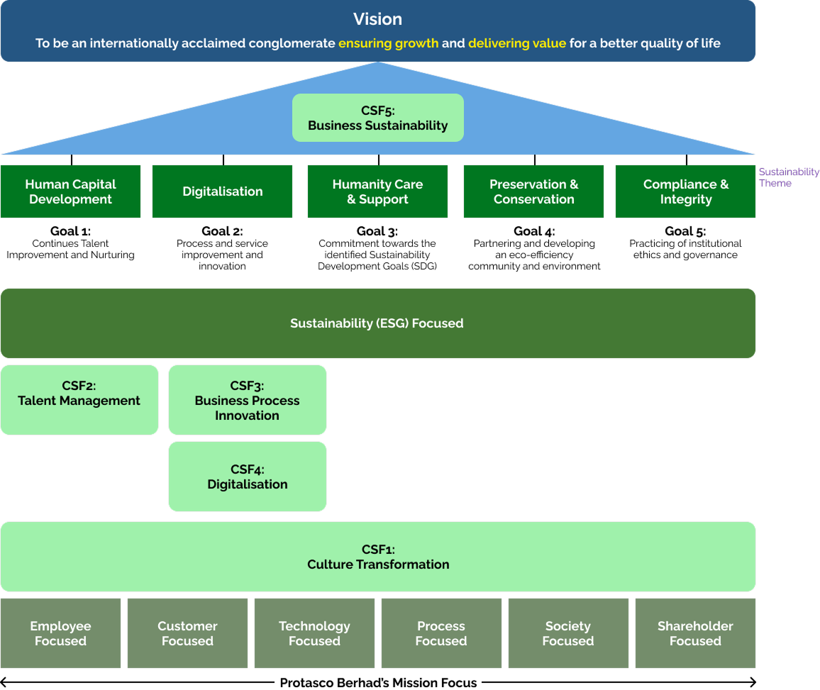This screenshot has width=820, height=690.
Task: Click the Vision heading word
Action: coord(377,19)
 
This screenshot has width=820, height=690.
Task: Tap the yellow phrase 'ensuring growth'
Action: coord(388,43)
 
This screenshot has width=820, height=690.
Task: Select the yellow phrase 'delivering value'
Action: coord(516,43)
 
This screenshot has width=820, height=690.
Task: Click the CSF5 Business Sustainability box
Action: coord(377,118)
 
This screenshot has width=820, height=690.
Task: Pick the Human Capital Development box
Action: coord(70,191)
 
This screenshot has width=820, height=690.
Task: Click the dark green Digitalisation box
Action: coord(222,191)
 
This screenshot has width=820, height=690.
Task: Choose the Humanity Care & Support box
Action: coord(377,191)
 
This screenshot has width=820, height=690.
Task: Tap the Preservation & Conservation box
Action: coord(533,191)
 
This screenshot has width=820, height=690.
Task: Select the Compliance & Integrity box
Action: coord(685,191)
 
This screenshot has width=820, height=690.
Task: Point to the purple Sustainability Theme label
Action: coord(788,177)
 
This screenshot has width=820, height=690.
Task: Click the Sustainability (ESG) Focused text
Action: coord(377,323)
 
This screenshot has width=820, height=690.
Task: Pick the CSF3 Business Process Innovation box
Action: coord(247,400)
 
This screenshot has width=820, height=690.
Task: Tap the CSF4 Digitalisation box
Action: coord(247,477)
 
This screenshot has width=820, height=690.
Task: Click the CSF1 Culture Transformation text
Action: coord(377,557)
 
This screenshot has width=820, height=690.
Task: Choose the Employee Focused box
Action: coord(60,633)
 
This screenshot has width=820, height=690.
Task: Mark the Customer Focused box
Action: coord(187,633)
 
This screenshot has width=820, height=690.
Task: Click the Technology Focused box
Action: coord(314,633)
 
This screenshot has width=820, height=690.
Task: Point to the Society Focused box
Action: coord(567,633)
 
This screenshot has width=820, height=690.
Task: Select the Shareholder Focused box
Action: coord(695,633)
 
